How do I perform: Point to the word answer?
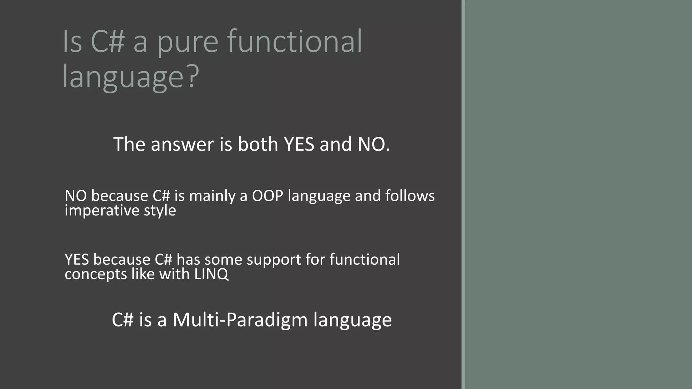[x=182, y=144]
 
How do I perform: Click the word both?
[x=257, y=144]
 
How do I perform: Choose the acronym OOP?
[x=267, y=196]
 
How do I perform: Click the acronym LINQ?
[x=211, y=274]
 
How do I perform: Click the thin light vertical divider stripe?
[x=463, y=194]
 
